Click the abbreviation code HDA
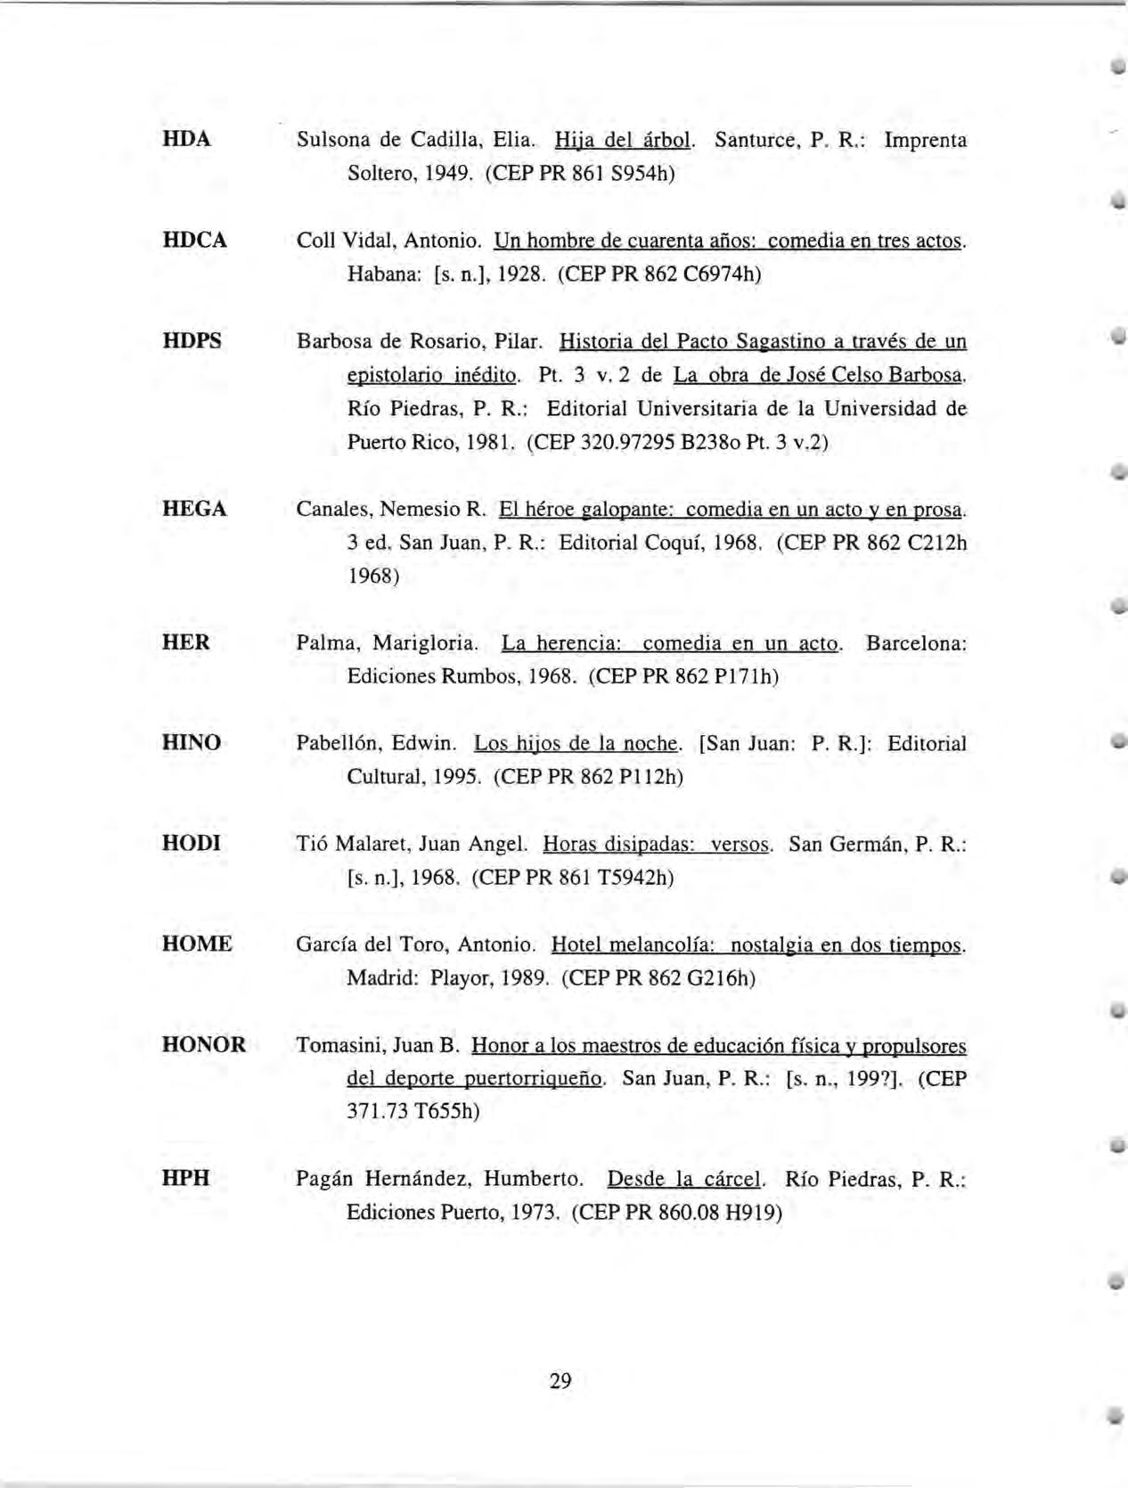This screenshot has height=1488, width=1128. [186, 140]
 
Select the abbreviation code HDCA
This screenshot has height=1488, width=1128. [194, 241]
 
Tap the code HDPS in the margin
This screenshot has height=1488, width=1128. [192, 341]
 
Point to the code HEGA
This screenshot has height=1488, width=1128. [194, 510]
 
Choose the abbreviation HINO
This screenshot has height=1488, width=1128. [192, 743]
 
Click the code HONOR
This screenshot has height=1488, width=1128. [204, 1045]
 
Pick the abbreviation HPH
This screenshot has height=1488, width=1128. [186, 1179]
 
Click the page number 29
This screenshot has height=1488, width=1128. [560, 1382]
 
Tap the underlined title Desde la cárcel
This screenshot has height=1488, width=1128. [684, 1180]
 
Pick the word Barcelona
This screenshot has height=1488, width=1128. [915, 643]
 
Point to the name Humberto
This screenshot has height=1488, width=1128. [533, 1180]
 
